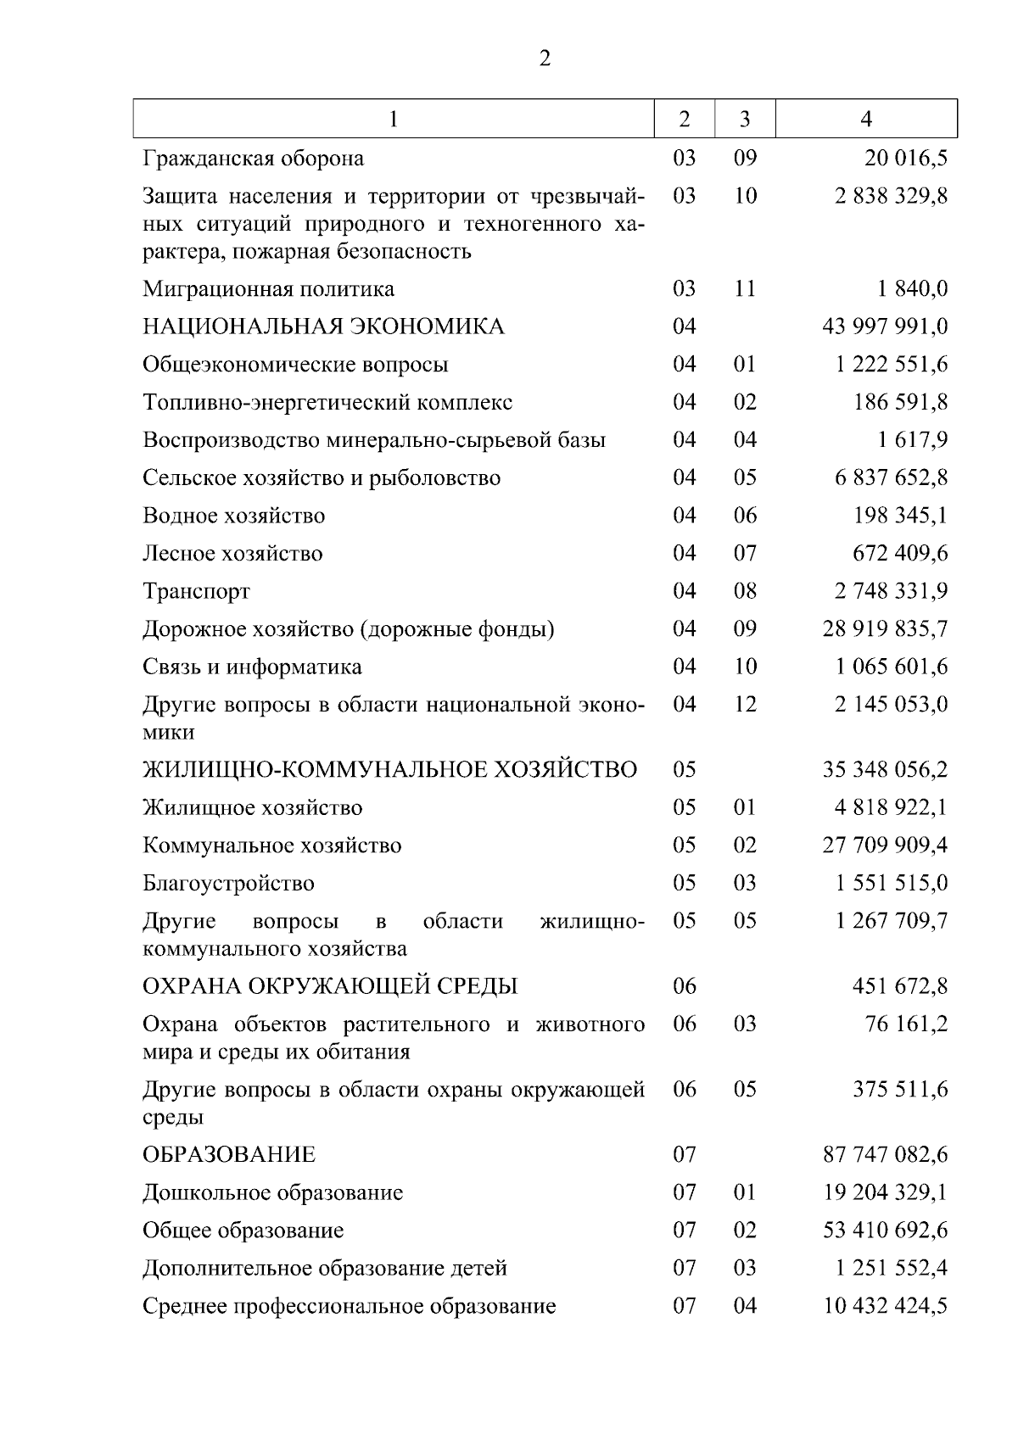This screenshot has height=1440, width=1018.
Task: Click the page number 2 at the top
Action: coord(545,59)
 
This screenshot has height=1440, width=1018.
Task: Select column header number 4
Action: coord(866,120)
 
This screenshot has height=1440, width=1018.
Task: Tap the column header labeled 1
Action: coord(394,120)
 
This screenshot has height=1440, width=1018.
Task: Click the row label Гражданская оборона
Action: coord(254,159)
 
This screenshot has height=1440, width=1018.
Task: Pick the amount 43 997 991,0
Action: coord(885,327)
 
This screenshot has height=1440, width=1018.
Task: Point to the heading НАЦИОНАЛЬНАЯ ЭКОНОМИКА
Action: coord(323,327)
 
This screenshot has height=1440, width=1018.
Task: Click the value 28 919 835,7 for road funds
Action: coord(885,629)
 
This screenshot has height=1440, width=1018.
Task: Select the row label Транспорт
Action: coord(196,591)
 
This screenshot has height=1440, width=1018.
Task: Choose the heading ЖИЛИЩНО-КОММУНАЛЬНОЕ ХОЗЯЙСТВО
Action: coord(389,770)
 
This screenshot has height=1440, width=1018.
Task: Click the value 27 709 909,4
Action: coord(885,846)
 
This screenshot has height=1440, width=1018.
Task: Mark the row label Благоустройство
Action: coord(228,884)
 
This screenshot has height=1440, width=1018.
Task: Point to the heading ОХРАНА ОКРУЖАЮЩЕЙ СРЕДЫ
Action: coord(330,986)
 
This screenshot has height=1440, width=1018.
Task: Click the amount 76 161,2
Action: coord(906,1024)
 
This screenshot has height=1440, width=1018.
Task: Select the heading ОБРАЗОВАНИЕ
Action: coord(229,1155)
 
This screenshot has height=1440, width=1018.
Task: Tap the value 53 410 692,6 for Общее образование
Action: coord(885,1231)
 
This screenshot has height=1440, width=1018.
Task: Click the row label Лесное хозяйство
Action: coord(232,554)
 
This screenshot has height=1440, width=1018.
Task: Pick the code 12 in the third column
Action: coord(745,705)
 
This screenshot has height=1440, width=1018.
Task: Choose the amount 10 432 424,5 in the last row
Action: coord(885,1306)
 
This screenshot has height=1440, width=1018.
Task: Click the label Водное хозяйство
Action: coord(233,516)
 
